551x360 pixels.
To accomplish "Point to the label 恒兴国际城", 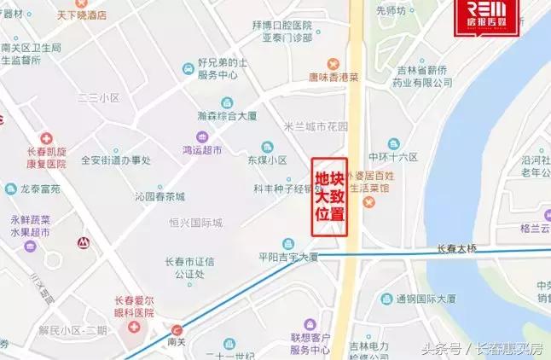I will [x=194, y=224].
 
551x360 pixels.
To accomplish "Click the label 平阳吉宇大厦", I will [x=287, y=256].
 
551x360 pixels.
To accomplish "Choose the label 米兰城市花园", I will [x=316, y=126].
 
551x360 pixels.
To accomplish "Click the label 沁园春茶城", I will [x=159, y=196].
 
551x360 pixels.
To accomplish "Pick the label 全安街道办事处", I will [x=115, y=160].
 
